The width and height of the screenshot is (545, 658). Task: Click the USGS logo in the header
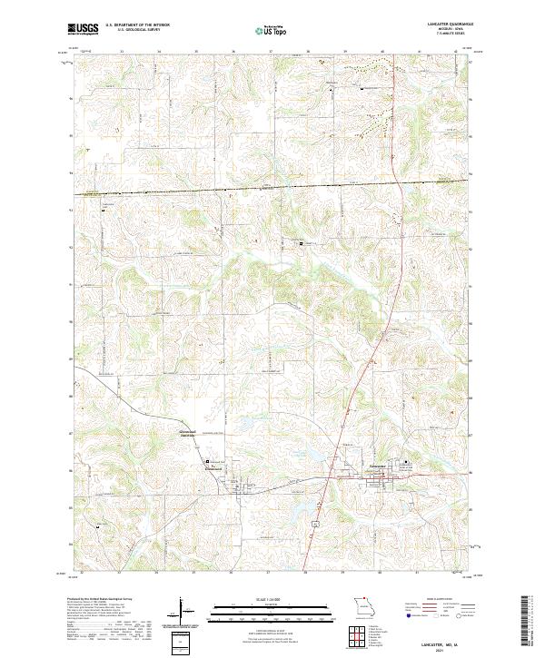(x=84, y=29)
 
